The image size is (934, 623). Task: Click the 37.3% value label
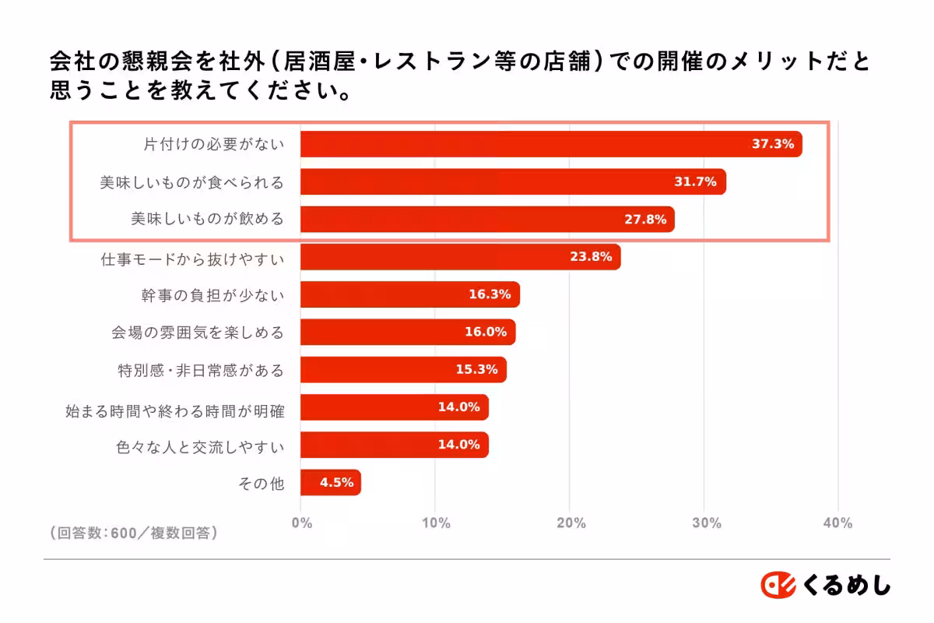(772, 144)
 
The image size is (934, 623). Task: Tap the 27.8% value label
(645, 220)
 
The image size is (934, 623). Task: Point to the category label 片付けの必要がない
(214, 145)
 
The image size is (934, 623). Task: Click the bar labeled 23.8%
(459, 257)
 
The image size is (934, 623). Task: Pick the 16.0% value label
(486, 332)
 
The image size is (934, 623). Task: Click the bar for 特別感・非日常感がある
(402, 370)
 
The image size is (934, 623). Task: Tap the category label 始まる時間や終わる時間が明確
(175, 408)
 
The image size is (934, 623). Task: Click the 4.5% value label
(336, 483)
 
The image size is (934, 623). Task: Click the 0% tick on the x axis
(301, 523)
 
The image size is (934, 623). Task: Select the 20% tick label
(571, 523)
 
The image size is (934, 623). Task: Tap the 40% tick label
(837, 523)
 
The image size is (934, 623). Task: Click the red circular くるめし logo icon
(778, 585)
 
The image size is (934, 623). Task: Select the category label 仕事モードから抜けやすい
(192, 258)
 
